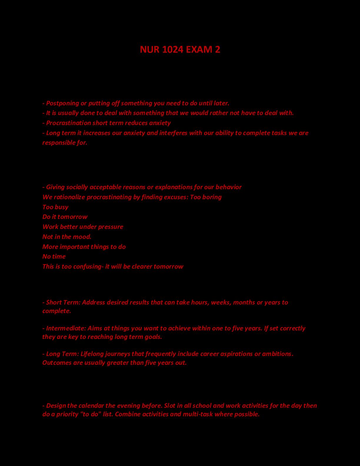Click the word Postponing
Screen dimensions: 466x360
pyautogui.click(x=63, y=103)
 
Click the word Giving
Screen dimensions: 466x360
pyautogui.click(x=55, y=187)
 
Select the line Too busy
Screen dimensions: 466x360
pyautogui.click(x=55, y=207)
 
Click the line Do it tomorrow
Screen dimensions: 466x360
pyautogui.click(x=65, y=217)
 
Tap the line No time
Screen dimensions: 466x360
pyautogui.click(x=54, y=257)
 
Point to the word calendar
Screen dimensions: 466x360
pyautogui.click(x=91, y=406)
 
